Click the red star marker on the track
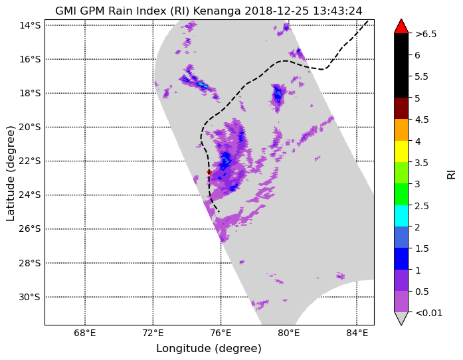click(209, 172)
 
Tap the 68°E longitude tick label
click(85, 333)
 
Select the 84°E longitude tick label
click(357, 333)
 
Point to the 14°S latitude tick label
click(30, 25)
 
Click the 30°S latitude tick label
click(29, 297)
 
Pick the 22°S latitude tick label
click(29, 161)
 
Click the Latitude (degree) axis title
click(10, 173)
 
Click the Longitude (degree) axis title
click(209, 349)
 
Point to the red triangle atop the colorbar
click(401, 27)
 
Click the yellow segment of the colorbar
click(401, 151)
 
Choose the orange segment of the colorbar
click(401, 130)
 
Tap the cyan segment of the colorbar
click(401, 216)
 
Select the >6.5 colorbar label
click(426, 34)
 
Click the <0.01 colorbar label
click(428, 313)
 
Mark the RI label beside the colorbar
click(452, 173)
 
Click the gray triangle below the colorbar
click(401, 319)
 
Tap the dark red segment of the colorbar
click(401, 108)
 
